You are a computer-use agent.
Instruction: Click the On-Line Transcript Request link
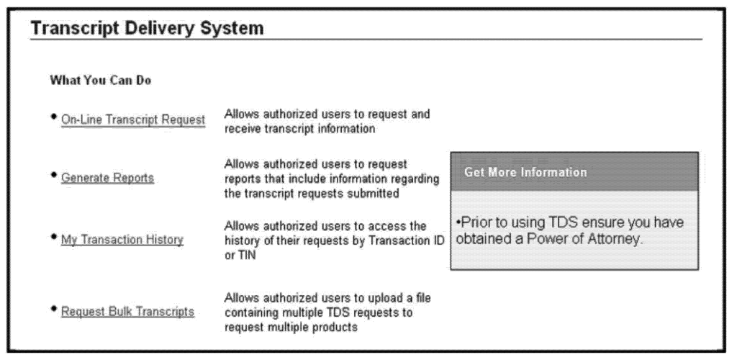point(133,120)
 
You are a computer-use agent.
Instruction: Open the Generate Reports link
point(108,178)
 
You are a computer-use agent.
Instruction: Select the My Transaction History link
point(122,240)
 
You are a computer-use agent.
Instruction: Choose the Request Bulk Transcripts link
point(128,312)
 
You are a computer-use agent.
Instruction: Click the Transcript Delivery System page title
point(147,28)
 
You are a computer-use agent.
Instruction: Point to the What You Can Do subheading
point(101,81)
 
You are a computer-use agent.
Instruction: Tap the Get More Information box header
point(574,171)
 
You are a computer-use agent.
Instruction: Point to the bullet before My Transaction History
point(53,236)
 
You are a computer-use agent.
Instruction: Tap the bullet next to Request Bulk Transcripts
point(53,308)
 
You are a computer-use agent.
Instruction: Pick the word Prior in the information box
point(474,222)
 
